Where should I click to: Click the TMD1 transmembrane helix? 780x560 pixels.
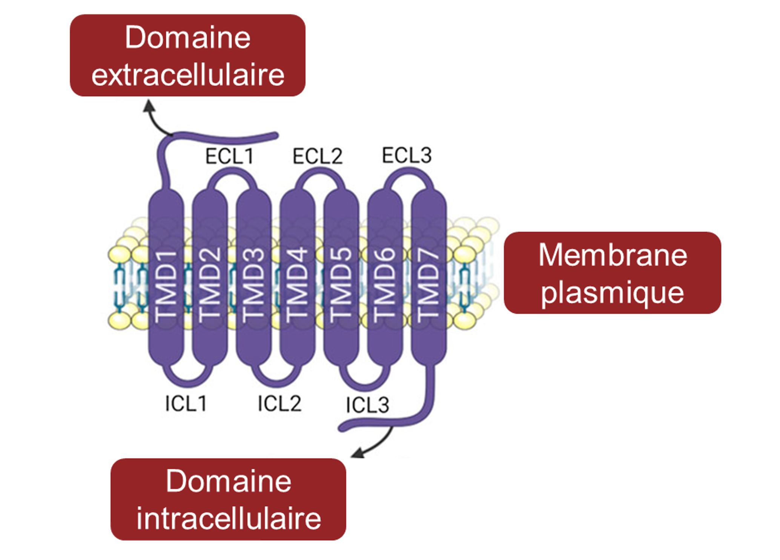click(x=166, y=279)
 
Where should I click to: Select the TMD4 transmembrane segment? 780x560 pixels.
click(x=297, y=279)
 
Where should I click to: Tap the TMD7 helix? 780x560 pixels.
click(x=428, y=279)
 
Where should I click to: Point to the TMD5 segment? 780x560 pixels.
click(x=341, y=279)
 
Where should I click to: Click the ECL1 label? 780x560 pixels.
click(x=229, y=156)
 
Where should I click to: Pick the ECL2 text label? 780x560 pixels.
click(x=317, y=156)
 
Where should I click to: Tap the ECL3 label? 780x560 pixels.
click(x=407, y=155)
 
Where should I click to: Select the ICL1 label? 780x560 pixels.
click(x=186, y=403)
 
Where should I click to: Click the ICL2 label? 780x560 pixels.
click(x=279, y=403)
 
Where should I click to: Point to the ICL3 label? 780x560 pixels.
click(x=367, y=405)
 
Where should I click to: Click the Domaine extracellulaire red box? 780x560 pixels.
click(x=187, y=55)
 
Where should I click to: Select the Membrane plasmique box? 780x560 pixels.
click(x=612, y=273)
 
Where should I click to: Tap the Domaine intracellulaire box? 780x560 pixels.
click(x=228, y=499)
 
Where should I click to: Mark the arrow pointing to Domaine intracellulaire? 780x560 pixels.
click(x=373, y=445)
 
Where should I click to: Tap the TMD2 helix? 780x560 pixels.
click(x=210, y=279)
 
